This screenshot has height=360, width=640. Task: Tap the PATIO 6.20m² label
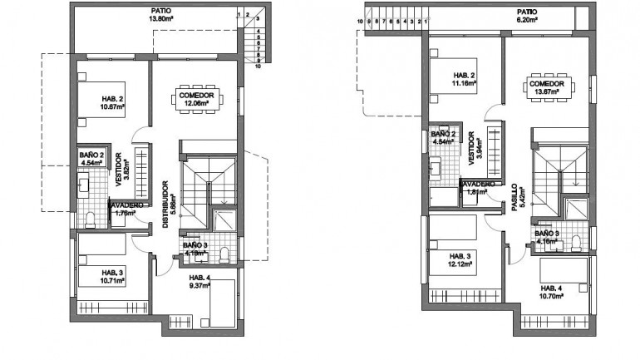click(526, 16)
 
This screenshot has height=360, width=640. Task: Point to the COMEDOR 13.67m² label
click(547, 88)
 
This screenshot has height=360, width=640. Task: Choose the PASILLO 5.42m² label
click(516, 200)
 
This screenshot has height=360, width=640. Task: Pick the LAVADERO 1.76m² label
click(125, 208)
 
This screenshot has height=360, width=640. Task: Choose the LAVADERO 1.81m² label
click(477, 188)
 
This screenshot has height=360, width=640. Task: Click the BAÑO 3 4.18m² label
click(195, 249)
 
